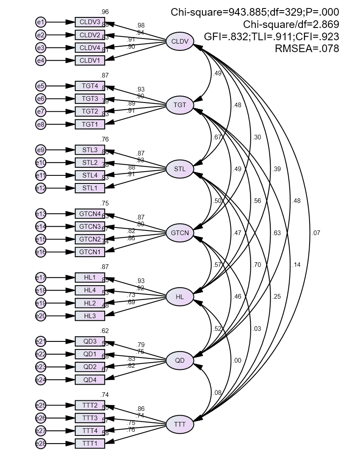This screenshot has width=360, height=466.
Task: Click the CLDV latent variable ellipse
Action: [x=180, y=41]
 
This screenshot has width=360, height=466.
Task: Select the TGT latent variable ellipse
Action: [x=180, y=105]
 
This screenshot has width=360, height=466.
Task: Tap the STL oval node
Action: [x=180, y=169]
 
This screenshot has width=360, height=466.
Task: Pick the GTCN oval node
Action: [x=180, y=233]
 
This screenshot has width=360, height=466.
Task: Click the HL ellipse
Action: [x=180, y=297]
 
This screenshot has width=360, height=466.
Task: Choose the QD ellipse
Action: [x=180, y=361]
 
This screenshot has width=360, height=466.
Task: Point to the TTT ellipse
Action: [x=180, y=424]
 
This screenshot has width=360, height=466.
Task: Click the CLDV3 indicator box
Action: [x=90, y=22]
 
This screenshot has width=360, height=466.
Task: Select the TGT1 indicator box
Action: [x=90, y=124]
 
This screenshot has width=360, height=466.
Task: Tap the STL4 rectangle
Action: [x=90, y=175]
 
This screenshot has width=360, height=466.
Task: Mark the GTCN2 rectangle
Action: [x=90, y=239]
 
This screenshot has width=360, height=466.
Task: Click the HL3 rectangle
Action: [x=90, y=316]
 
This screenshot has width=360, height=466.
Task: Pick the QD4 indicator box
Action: [x=90, y=380]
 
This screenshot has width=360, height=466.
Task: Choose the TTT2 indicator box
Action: [x=90, y=405]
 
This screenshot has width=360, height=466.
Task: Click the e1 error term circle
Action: [x=41, y=22]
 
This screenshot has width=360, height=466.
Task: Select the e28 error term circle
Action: [x=41, y=444]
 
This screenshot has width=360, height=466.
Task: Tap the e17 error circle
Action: [x=41, y=277]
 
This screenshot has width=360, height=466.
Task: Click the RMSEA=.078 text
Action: [x=307, y=49]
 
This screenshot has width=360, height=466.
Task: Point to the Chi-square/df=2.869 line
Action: [x=291, y=25]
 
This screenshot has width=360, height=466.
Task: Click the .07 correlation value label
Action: [x=316, y=233]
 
